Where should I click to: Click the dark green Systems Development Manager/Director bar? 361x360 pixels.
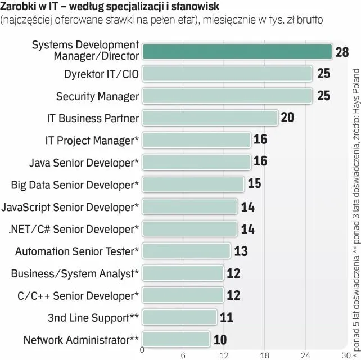pyautogui.click(x=237, y=51)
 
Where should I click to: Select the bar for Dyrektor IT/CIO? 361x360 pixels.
pyautogui.click(x=227, y=74)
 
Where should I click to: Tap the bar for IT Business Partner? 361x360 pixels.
pyautogui.click(x=210, y=118)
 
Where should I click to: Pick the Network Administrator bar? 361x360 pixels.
pyautogui.click(x=176, y=340)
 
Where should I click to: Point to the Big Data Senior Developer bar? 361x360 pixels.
pyautogui.click(x=193, y=184)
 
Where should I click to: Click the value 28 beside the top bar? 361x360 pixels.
pyautogui.click(x=342, y=52)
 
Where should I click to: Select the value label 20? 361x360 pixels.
pyautogui.click(x=287, y=118)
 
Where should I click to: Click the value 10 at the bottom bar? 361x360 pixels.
pyautogui.click(x=220, y=340)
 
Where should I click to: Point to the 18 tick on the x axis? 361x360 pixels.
pyautogui.click(x=265, y=355)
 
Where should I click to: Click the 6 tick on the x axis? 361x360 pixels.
pyautogui.click(x=183, y=355)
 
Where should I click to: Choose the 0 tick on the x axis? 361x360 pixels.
pyautogui.click(x=142, y=350)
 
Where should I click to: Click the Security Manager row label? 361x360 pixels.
pyautogui.click(x=97, y=96)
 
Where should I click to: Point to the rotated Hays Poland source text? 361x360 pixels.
pyautogui.click(x=355, y=106)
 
